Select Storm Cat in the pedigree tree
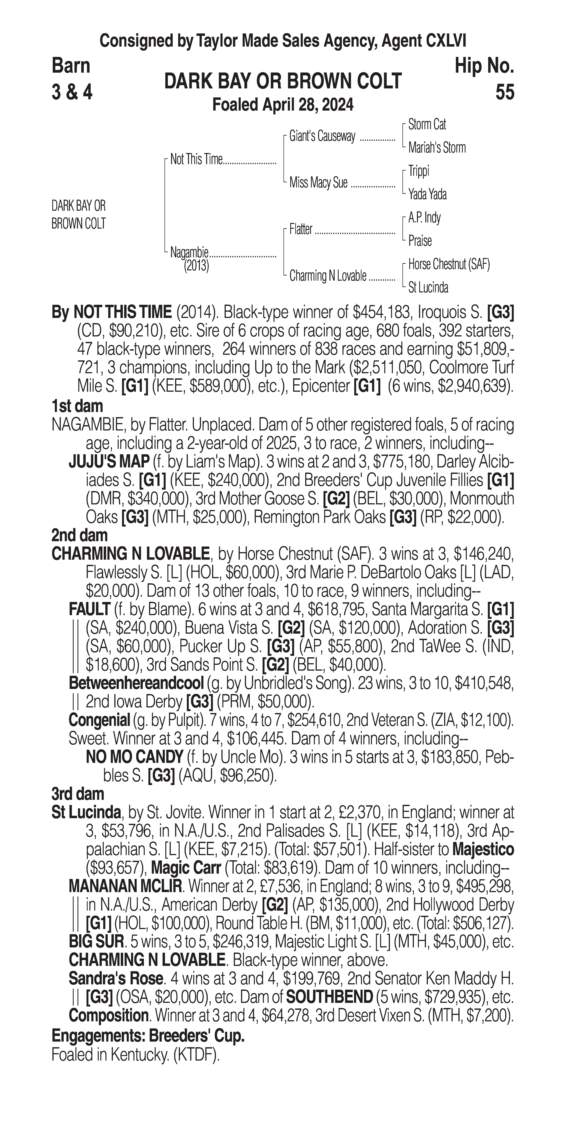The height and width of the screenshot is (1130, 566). (427, 125)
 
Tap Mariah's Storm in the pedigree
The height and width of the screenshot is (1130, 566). (437, 148)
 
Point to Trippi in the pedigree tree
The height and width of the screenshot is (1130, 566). (419, 171)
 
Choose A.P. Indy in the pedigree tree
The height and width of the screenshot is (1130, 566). (424, 218)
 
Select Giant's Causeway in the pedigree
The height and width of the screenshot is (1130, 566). (322, 136)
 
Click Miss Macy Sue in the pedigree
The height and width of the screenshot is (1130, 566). (318, 182)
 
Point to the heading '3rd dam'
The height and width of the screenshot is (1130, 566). (78, 794)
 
